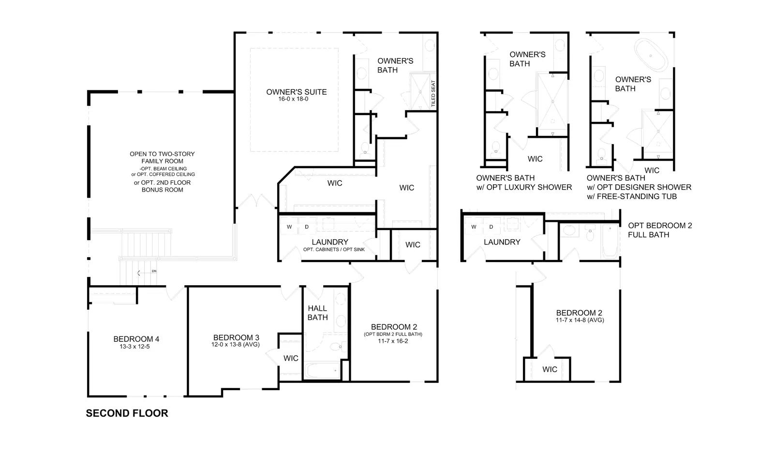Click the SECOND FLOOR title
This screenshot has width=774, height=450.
tap(127, 413)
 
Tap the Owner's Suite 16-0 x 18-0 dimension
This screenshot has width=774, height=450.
tap(293, 99)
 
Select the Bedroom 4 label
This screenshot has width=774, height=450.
tap(136, 339)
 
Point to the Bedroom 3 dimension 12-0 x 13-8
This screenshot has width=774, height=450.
tap(235, 344)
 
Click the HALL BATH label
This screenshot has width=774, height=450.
tap(317, 313)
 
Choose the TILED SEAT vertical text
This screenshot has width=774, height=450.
tap(433, 94)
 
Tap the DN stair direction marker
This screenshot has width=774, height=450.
tap(154, 271)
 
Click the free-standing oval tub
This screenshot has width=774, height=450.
tap(651, 55)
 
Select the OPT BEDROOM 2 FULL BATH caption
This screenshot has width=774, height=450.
tap(660, 230)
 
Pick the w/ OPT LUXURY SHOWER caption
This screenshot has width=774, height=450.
tap(524, 187)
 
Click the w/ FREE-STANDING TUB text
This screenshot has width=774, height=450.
tap(632, 197)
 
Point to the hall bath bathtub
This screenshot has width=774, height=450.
tap(322, 371)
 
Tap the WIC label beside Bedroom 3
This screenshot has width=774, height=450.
tap(291, 359)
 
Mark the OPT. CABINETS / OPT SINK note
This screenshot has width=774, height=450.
tap(334, 250)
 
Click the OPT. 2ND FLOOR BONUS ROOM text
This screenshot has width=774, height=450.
tap(162, 186)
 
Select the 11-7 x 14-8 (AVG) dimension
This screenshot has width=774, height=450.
tap(580, 320)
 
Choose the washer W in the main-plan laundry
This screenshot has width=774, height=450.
tap(289, 227)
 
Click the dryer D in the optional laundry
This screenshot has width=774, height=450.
tap(491, 227)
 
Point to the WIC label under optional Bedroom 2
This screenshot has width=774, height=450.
tap(550, 370)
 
